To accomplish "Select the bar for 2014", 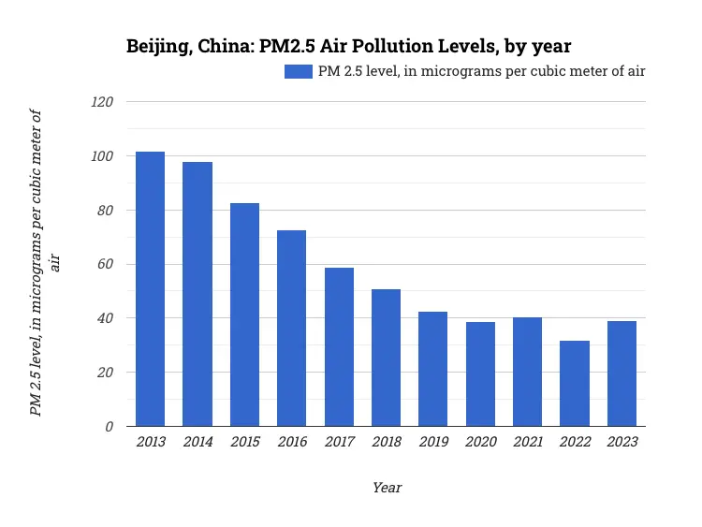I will (197, 294).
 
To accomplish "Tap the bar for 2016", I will (291, 328).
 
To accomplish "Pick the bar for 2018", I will (386, 358).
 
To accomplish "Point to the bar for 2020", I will (480, 373).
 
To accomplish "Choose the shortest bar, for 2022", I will (575, 383).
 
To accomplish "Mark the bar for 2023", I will (622, 373).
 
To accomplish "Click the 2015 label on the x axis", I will (244, 442).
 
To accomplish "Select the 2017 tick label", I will (339, 442).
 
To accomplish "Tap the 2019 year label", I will (433, 442).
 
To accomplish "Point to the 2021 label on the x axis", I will (528, 442).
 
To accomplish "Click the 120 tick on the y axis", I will (101, 102).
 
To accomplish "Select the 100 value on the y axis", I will (101, 156).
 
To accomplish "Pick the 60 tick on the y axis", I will (104, 264).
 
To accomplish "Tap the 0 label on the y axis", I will (109, 427).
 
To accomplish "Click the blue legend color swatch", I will (299, 71).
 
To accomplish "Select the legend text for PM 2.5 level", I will (481, 71).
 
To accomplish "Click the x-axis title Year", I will (387, 488).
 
